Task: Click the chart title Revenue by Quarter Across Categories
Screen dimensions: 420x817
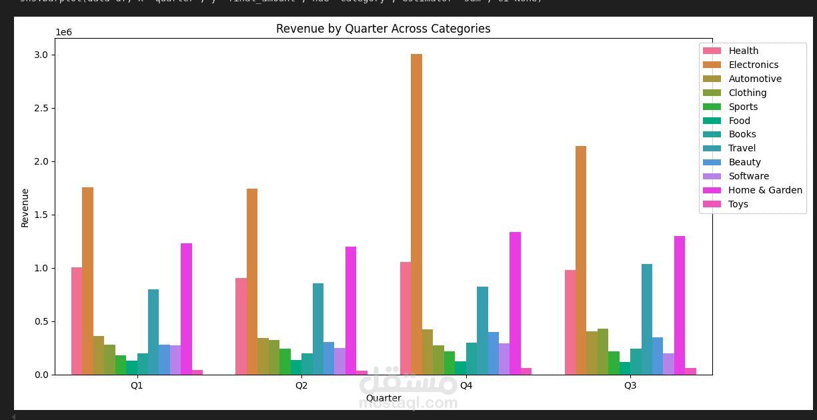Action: pyautogui.click(x=383, y=29)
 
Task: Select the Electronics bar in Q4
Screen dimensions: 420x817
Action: pyautogui.click(x=416, y=213)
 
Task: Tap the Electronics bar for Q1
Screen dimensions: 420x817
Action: pyautogui.click(x=87, y=280)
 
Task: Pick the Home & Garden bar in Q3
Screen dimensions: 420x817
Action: pyautogui.click(x=680, y=305)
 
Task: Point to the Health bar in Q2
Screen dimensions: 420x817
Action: pyautogui.click(x=241, y=326)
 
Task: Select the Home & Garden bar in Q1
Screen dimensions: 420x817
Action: pyautogui.click(x=186, y=309)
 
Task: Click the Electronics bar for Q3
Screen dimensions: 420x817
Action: pyautogui.click(x=581, y=260)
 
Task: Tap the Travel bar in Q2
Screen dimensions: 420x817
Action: pyautogui.click(x=318, y=329)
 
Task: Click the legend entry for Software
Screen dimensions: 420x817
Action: pyautogui.click(x=748, y=177)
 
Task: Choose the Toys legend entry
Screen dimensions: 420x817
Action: pyautogui.click(x=738, y=205)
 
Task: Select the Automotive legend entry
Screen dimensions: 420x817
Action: pyautogui.click(x=754, y=79)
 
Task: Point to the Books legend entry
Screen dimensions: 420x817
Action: pyautogui.click(x=742, y=135)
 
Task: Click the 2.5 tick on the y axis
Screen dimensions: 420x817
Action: pyautogui.click(x=41, y=108)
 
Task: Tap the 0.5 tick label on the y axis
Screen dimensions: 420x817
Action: pyautogui.click(x=41, y=321)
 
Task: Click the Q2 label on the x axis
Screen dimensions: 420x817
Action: pyautogui.click(x=301, y=385)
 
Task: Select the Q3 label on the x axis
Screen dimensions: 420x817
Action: pyautogui.click(x=630, y=385)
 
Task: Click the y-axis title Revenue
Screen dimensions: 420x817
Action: pyautogui.click(x=25, y=207)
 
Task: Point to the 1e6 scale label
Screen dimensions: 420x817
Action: pyautogui.click(x=64, y=33)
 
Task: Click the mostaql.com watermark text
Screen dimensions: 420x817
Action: pyautogui.click(x=408, y=404)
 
